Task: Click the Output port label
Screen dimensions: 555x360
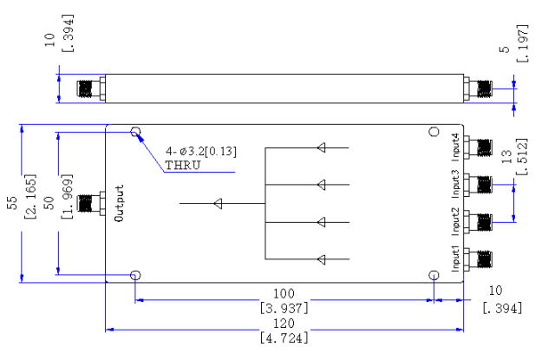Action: (120, 203)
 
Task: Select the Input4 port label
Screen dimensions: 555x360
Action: (455, 147)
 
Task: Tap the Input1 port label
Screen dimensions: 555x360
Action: (455, 259)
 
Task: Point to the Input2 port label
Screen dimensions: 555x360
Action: (455, 221)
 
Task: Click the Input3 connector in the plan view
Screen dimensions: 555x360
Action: (478, 185)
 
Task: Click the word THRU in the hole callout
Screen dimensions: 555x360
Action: (183, 166)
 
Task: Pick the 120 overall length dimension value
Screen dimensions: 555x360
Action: (284, 324)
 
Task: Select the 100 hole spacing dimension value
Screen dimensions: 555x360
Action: (284, 293)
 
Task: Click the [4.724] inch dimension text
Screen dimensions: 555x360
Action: (284, 338)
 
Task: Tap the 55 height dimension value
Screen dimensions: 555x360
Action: (12, 203)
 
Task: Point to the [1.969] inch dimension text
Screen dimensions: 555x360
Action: (67, 196)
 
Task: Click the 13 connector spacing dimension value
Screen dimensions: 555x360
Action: (506, 156)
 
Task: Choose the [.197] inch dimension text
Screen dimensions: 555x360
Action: (522, 43)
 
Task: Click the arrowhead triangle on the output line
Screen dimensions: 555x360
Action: (219, 204)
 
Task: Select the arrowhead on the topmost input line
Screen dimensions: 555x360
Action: (322, 147)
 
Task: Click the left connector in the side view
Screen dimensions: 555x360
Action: (91, 88)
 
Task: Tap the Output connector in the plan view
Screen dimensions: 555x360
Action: (91, 203)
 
